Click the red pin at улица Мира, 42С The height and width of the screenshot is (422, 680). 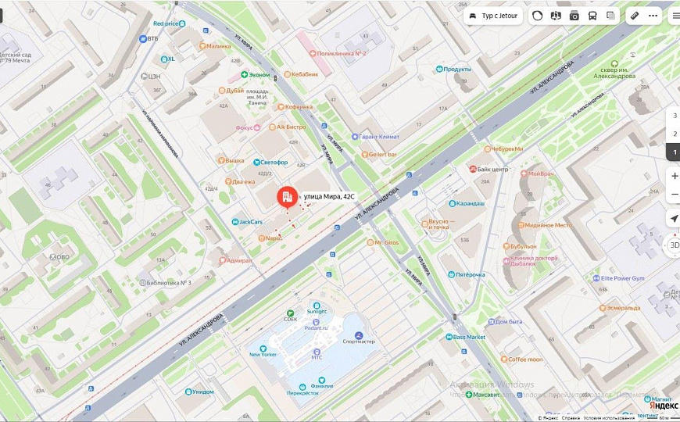point(287,196)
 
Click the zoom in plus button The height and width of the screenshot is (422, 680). point(674,175)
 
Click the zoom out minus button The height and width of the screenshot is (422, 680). point(674,194)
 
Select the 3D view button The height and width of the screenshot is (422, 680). point(674,245)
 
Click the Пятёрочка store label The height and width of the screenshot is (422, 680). point(470,274)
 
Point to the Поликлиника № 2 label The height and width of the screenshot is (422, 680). point(341,54)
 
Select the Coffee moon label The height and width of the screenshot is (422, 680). point(524,359)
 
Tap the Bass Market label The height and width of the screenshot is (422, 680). point(469,337)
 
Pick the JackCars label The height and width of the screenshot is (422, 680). point(250,222)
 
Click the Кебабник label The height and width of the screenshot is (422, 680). point(306,74)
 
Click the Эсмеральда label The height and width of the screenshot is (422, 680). point(623,308)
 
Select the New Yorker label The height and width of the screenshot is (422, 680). point(263,354)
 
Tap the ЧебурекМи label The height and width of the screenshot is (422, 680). point(506,148)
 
